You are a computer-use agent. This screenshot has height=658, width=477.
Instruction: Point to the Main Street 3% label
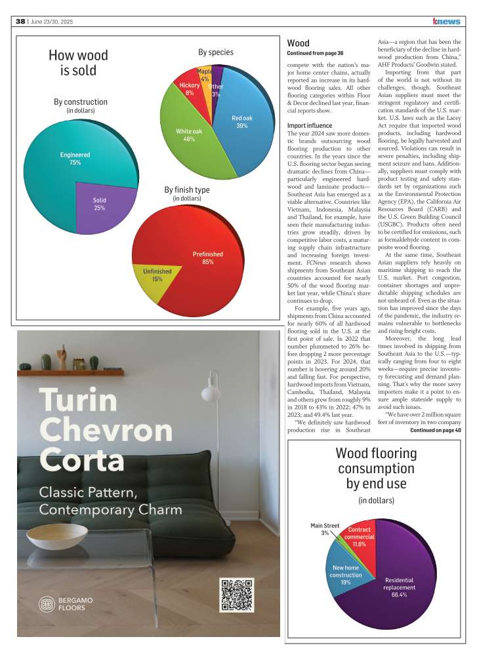[325, 529]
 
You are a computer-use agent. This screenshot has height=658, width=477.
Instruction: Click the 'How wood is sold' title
[78, 63]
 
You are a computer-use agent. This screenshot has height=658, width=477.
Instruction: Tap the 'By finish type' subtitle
[187, 190]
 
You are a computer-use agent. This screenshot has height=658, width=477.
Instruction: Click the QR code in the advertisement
[236, 595]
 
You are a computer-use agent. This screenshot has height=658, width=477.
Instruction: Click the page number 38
[20, 22]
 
